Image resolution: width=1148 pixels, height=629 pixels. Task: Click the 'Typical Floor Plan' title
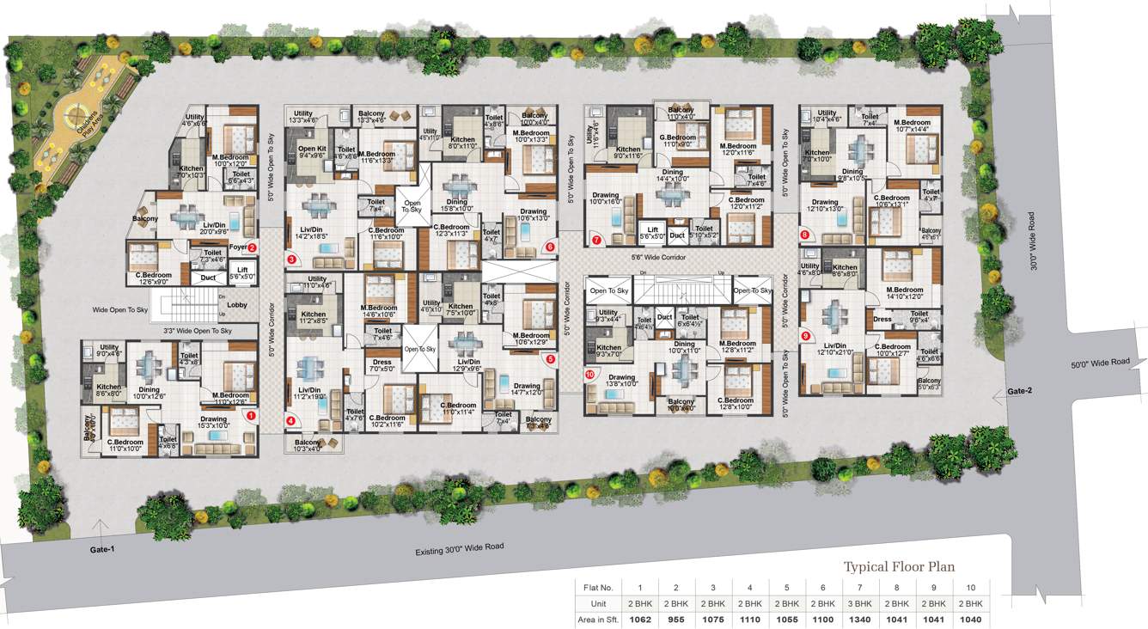click(899, 566)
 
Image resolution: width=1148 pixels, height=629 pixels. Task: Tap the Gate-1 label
click(102, 549)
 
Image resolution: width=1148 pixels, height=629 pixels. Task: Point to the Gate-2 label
click(1019, 391)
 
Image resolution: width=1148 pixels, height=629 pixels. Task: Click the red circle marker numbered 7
click(596, 240)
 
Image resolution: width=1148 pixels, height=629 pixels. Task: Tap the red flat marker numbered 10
click(589, 374)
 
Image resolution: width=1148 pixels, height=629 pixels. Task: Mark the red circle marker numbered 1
click(251, 415)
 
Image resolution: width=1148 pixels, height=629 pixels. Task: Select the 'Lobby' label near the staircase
click(237, 305)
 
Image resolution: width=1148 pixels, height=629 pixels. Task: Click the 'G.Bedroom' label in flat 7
click(677, 137)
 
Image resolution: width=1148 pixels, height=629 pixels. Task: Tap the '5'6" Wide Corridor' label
click(658, 257)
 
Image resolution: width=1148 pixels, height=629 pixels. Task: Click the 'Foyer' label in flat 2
click(238, 247)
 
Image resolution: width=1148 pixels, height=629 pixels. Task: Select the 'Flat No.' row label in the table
click(598, 588)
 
